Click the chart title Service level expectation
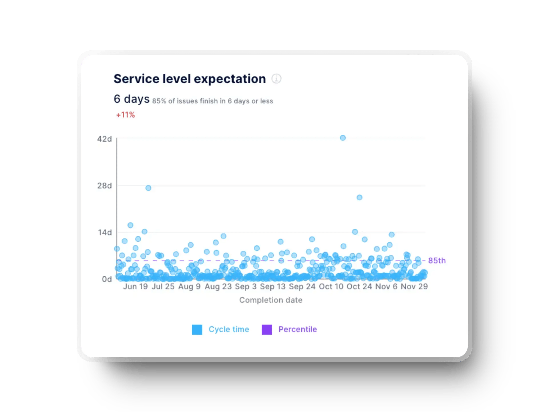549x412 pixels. coord(190,79)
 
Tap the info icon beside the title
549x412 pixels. coord(276,79)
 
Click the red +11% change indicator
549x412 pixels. coord(126,115)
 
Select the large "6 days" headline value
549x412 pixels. coord(132,99)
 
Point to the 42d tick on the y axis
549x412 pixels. coord(104,139)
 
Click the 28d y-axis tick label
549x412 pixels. coord(104,186)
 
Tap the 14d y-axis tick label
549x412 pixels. coord(105,232)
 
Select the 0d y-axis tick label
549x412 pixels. coord(107,279)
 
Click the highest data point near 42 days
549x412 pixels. coord(343,138)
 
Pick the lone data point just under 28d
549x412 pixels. coord(148,188)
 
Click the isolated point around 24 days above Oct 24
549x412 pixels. coord(359,197)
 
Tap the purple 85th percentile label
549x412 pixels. coord(437,261)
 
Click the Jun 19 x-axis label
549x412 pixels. coord(135,286)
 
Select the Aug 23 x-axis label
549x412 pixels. coord(218,286)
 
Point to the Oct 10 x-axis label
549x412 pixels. coord(331,286)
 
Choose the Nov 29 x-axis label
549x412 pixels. coord(414,286)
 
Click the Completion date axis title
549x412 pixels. coord(270,300)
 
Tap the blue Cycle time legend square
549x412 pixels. coord(197,330)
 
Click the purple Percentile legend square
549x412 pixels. coord(267,330)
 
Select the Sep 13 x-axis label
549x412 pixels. coord(272,286)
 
